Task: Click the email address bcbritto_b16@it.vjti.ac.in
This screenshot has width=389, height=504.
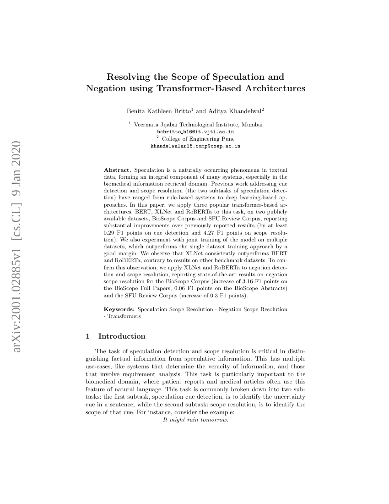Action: [x=195, y=131]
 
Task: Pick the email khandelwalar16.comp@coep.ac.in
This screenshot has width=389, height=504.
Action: [x=195, y=146]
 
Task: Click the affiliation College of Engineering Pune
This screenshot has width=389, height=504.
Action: [x=198, y=139]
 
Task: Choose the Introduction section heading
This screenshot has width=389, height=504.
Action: [x=122, y=336]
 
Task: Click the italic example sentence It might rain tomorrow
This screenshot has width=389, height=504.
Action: [x=195, y=420]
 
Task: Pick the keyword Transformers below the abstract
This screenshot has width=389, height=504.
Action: [x=124, y=316]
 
